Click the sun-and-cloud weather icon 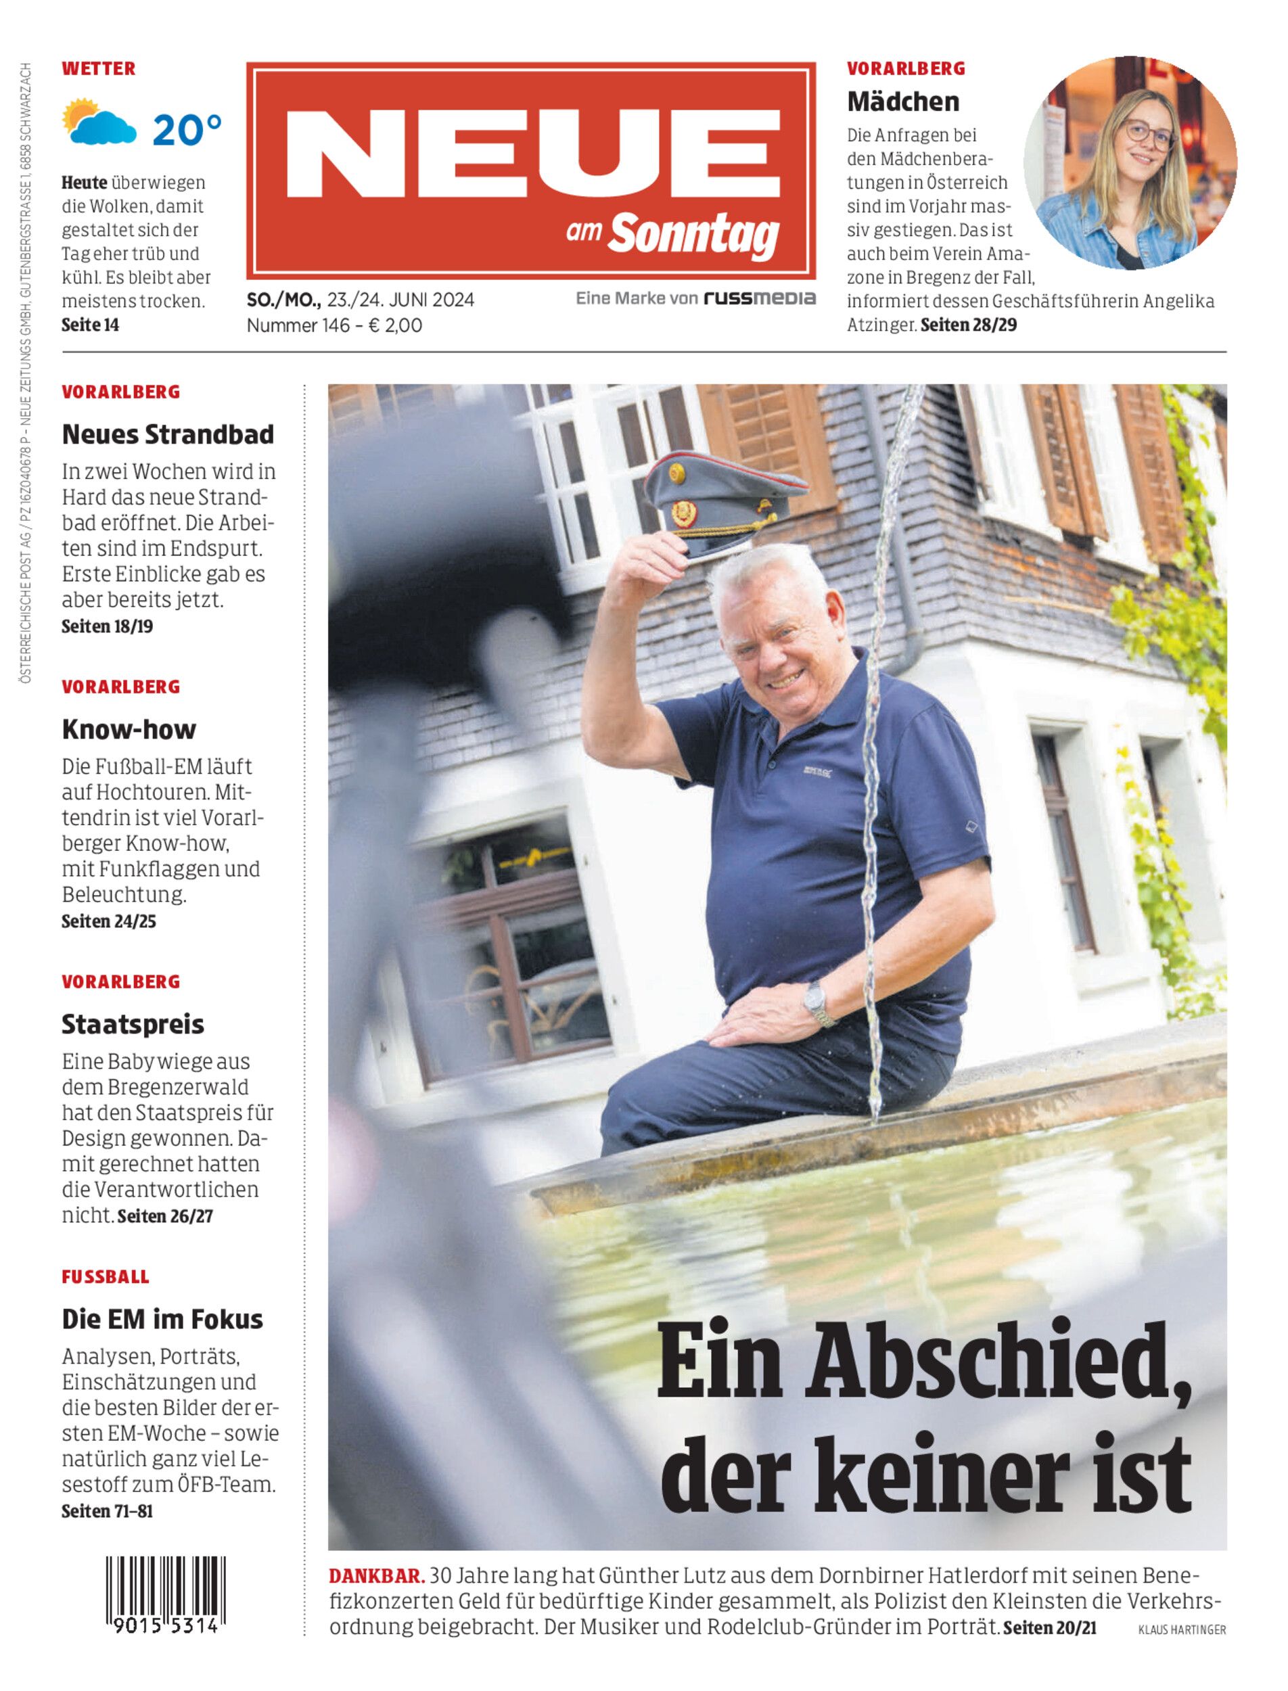click(x=99, y=122)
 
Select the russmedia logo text click(x=759, y=298)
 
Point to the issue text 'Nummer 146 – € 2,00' click(x=334, y=325)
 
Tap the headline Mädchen click(x=902, y=101)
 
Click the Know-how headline click(x=129, y=729)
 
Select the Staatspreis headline click(x=133, y=1024)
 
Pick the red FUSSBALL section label click(x=105, y=1277)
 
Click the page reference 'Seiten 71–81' click(x=107, y=1511)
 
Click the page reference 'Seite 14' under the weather click(x=91, y=325)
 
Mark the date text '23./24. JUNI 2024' click(x=400, y=300)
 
